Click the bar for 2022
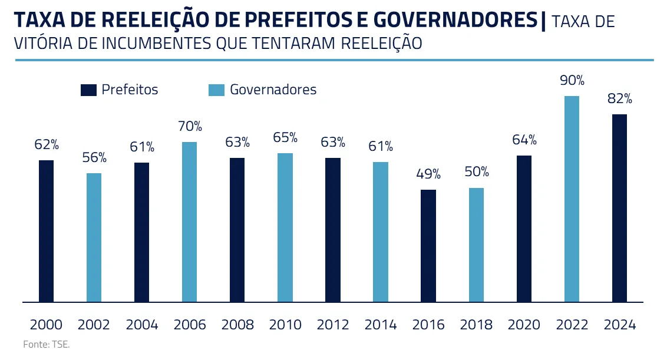pos(572,199)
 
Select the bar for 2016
pos(428,246)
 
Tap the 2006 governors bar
pos(189,222)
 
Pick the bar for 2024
pos(619,208)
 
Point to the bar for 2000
pos(46,231)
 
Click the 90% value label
pos(572,80)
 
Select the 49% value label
pos(428,174)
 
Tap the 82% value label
pos(619,98)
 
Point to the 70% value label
pos(189,126)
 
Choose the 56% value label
pos(94,157)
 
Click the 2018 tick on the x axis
pos(476,325)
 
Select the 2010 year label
pos(285,325)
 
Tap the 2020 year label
pos(524,325)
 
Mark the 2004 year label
pos(141,325)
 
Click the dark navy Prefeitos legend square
pos(88,90)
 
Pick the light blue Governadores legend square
pos(217,90)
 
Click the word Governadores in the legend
pos(273,90)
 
